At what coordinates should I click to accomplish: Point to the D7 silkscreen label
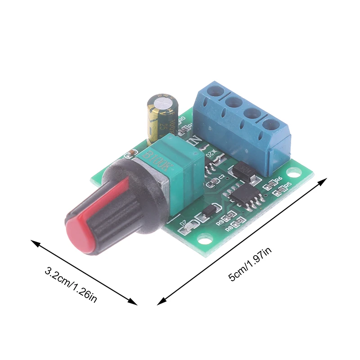(183, 223)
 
